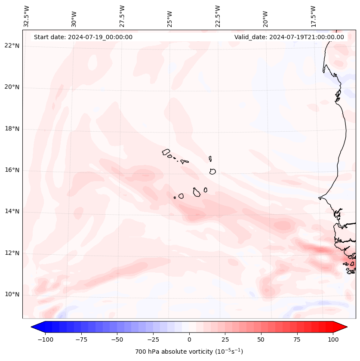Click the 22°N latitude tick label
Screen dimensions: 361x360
(x=12, y=46)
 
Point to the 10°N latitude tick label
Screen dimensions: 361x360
(x=12, y=294)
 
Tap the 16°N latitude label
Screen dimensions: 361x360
(x=12, y=170)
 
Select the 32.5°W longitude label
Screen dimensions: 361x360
(x=27, y=16)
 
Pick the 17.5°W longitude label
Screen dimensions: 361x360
(x=314, y=16)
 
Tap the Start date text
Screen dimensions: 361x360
(x=83, y=37)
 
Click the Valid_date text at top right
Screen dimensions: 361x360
(x=289, y=37)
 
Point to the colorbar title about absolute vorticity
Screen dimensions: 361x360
(x=189, y=352)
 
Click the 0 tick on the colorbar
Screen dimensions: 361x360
(x=189, y=339)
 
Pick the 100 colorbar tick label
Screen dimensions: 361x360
(x=333, y=339)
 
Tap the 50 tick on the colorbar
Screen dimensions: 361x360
(x=261, y=339)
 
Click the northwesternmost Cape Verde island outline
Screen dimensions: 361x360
(x=166, y=152)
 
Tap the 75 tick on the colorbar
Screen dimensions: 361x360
(x=297, y=339)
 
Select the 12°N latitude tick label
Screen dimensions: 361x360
(x=12, y=253)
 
